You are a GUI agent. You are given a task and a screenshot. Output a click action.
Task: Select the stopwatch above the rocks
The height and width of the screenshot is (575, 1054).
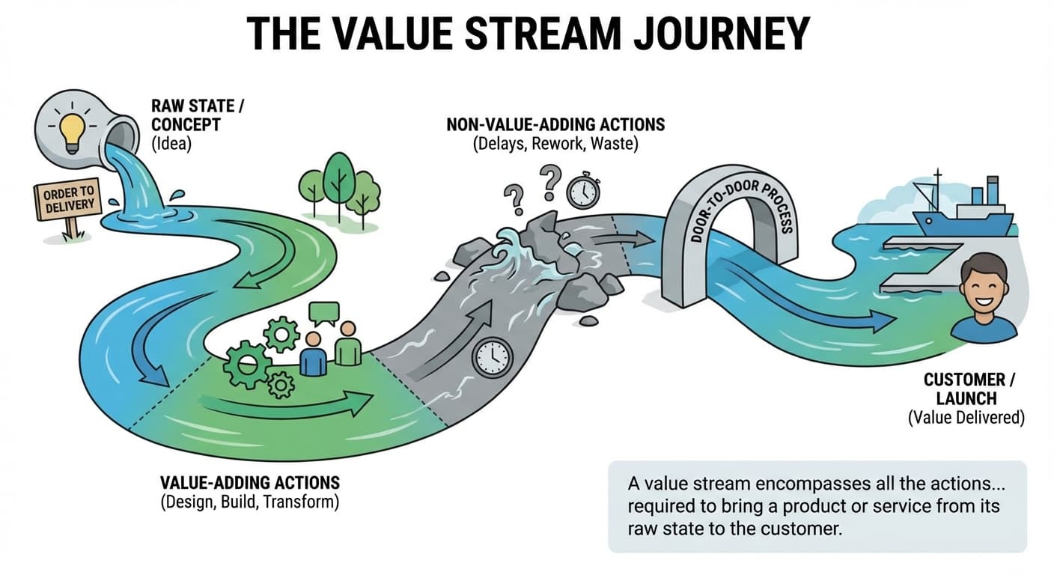[x=582, y=191]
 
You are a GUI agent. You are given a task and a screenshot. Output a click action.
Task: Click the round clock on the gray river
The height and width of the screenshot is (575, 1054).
[x=491, y=356]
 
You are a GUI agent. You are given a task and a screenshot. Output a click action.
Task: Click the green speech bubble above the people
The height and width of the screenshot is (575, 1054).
[x=324, y=314]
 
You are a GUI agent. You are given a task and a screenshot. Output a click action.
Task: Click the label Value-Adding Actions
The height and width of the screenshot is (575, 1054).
[x=250, y=481]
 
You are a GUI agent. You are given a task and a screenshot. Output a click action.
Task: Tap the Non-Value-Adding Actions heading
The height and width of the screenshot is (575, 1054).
[x=555, y=123]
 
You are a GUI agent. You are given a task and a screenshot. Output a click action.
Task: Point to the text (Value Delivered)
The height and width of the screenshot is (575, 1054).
[x=966, y=418]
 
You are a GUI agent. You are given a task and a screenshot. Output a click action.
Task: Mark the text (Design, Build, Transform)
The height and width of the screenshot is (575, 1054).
[x=249, y=502]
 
